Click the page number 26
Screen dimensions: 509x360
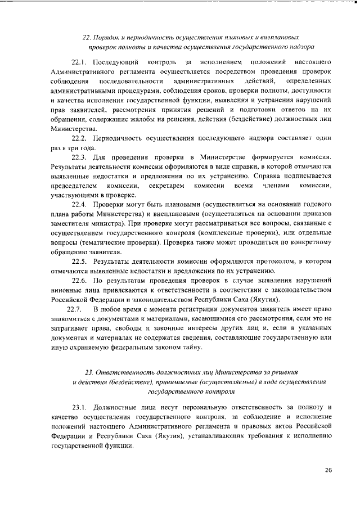point(328,470)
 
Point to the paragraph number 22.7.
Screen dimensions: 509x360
point(75,310)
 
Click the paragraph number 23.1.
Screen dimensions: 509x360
point(80,406)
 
